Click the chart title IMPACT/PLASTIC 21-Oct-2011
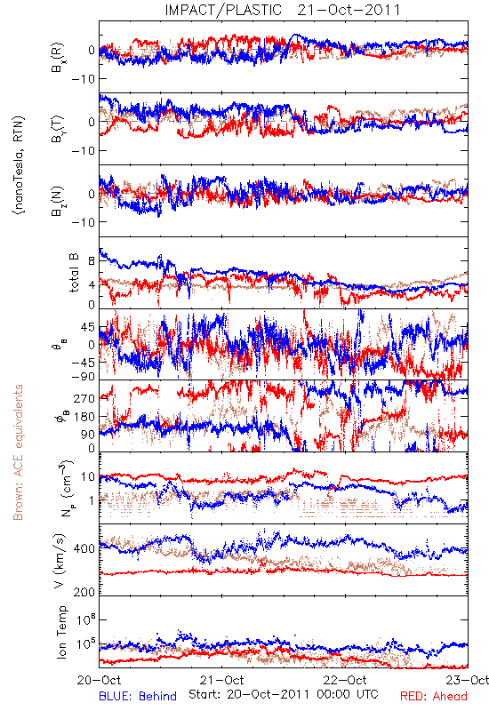[x=283, y=10]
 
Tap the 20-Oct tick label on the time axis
[x=99, y=680]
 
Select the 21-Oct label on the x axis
[x=221, y=680]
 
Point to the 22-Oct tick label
[x=345, y=680]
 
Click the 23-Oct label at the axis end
[x=468, y=680]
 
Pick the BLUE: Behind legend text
[x=138, y=696]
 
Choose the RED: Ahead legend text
[x=434, y=696]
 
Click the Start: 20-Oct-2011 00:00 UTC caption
[x=284, y=694]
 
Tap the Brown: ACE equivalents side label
[x=18, y=452]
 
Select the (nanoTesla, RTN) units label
[x=18, y=165]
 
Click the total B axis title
[x=73, y=273]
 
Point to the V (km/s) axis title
[x=60, y=561]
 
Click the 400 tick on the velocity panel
[x=84, y=548]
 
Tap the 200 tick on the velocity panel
[x=84, y=592]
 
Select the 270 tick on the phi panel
[x=84, y=398]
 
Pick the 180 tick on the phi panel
[x=84, y=417]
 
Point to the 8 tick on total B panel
[x=92, y=261]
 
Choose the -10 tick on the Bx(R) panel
[x=82, y=79]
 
